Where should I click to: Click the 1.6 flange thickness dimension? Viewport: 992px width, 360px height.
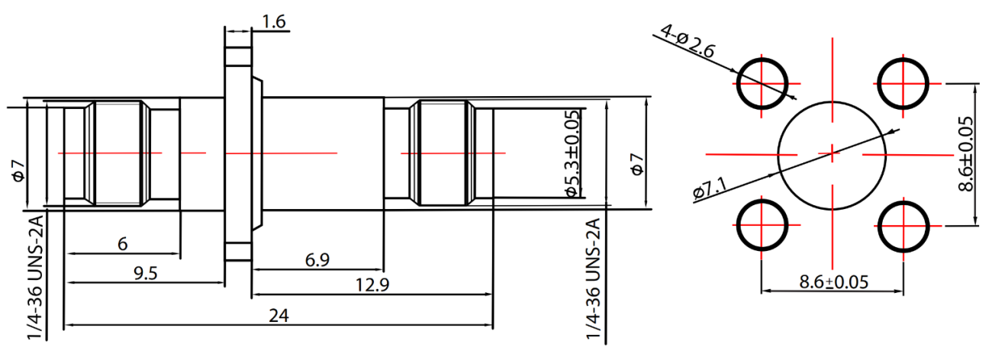(x=274, y=21)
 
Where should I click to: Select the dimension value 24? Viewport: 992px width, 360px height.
(x=279, y=316)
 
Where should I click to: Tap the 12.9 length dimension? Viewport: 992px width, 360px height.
(x=372, y=284)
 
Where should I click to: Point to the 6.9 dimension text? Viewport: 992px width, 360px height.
(x=317, y=260)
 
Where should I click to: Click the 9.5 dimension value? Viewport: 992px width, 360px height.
(x=146, y=273)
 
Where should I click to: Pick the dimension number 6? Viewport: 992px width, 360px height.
(x=123, y=244)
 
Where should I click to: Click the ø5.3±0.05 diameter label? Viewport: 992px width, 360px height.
(x=572, y=153)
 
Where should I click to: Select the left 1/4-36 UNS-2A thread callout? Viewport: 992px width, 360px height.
(x=35, y=278)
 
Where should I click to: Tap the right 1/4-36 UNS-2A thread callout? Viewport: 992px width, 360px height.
(x=594, y=279)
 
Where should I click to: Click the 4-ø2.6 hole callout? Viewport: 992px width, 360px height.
(x=688, y=41)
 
